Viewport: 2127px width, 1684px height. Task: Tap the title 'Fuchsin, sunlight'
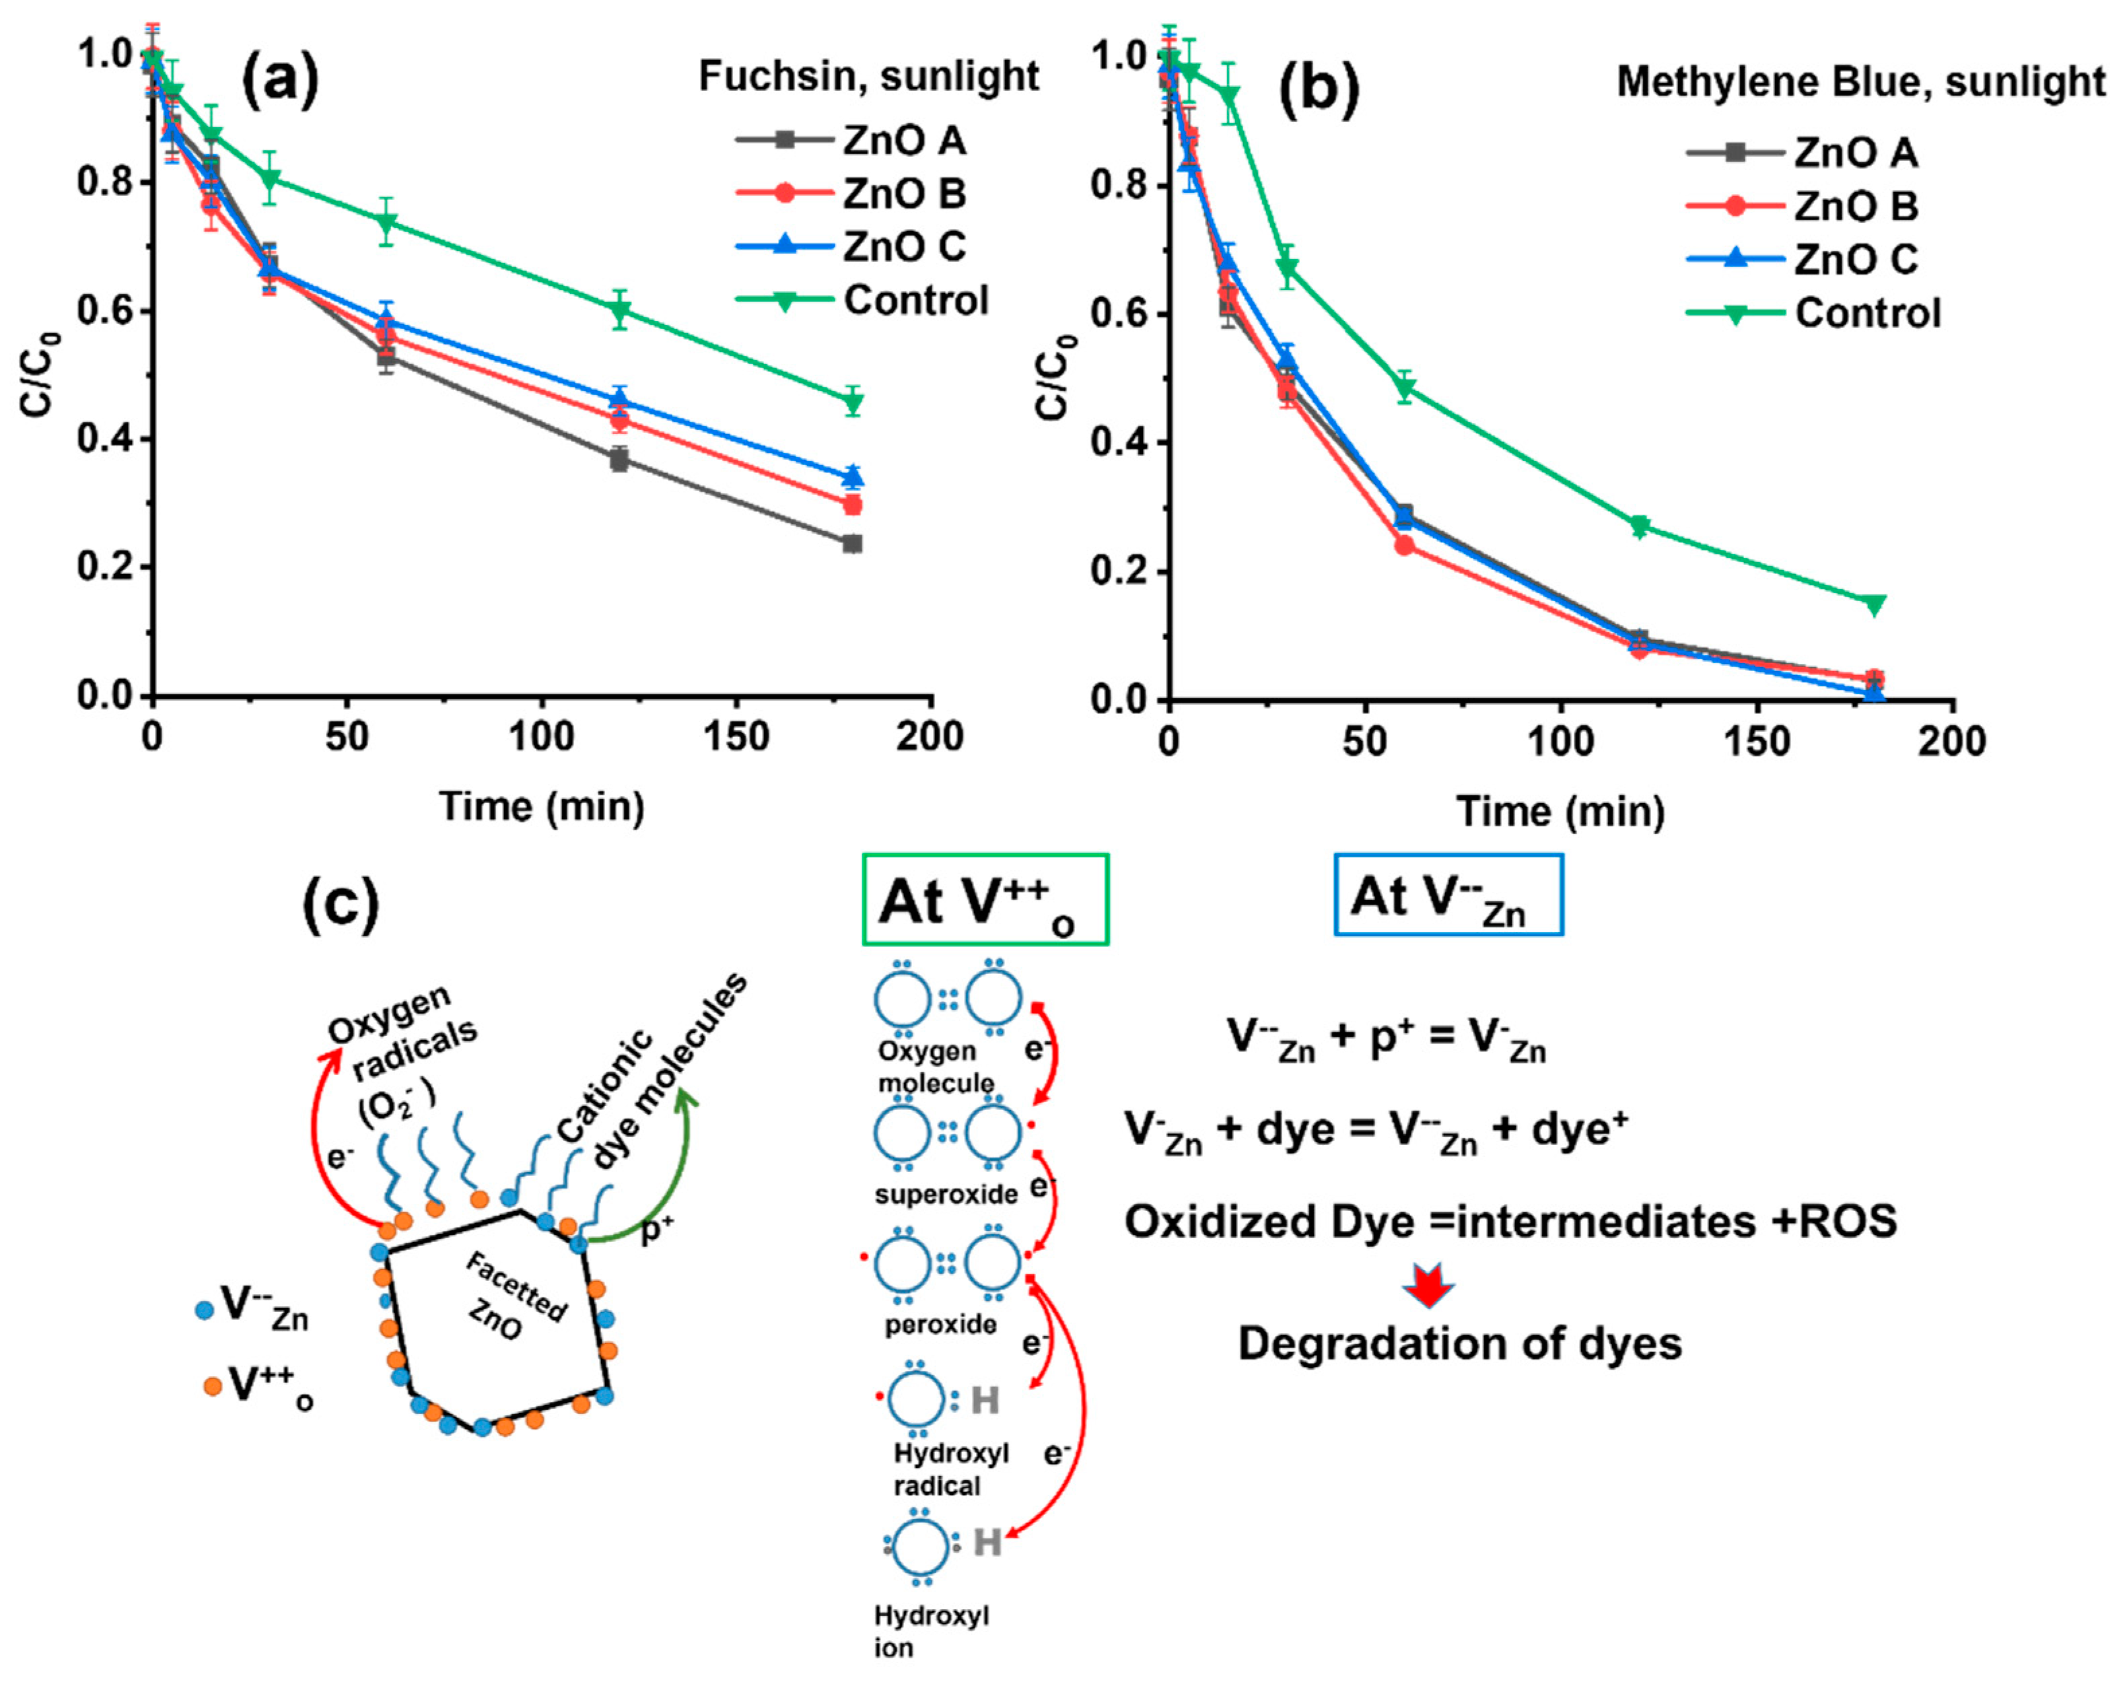click(868, 76)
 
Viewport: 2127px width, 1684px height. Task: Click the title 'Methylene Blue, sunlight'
click(1860, 82)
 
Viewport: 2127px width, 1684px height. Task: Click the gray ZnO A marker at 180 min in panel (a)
click(853, 543)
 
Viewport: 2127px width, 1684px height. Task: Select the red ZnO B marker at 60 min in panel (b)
click(1404, 545)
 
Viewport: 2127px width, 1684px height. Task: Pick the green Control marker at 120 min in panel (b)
click(1639, 526)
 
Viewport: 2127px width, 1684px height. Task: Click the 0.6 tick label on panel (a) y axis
click(106, 312)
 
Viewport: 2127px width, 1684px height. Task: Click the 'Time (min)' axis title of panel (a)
click(541, 806)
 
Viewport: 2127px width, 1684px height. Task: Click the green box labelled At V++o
click(985, 899)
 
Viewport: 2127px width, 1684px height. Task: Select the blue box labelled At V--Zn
click(1448, 895)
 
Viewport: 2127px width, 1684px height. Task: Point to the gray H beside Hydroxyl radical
click(984, 1400)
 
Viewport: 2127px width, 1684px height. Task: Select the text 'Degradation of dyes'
click(1459, 1344)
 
